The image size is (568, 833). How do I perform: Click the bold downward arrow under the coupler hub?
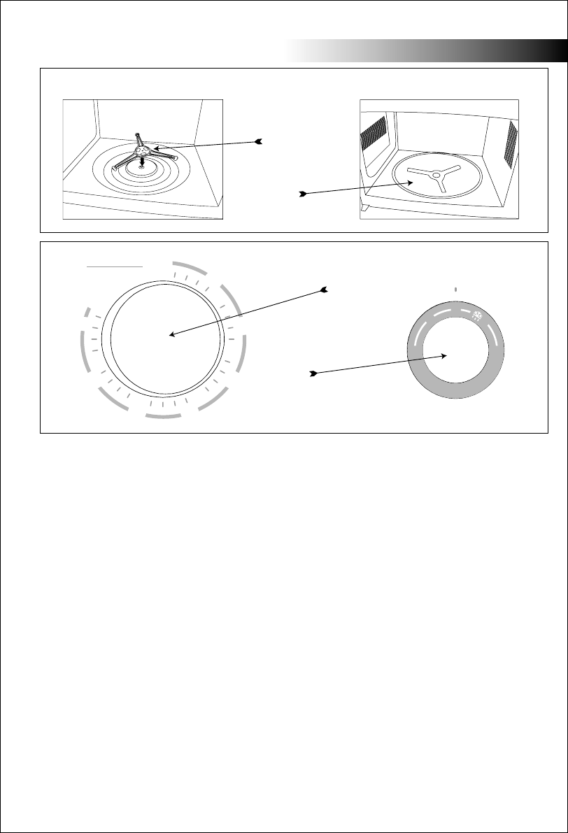click(x=143, y=159)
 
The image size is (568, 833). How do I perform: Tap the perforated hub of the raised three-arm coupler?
click(x=144, y=148)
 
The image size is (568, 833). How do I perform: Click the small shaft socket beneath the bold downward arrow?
click(x=143, y=166)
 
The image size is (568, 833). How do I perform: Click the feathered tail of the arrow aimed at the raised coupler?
click(x=259, y=142)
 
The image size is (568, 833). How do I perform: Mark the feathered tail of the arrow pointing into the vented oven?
click(x=301, y=193)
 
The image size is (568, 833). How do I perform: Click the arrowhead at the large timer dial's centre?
click(x=171, y=335)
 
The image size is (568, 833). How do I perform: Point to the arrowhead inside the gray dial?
click(x=445, y=355)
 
